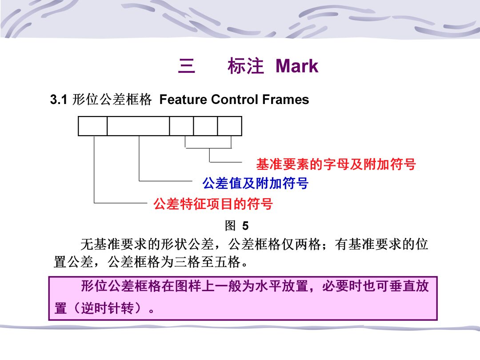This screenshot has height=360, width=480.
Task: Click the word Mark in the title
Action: pyautogui.click(x=296, y=66)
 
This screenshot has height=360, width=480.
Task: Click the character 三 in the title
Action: pyautogui.click(x=186, y=66)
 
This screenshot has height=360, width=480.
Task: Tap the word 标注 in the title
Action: pyautogui.click(x=245, y=66)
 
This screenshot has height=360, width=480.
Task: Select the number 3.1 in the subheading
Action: pyautogui.click(x=59, y=100)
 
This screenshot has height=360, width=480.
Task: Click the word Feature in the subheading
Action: pyautogui.click(x=183, y=100)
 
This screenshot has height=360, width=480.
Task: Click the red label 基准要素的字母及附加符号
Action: pyautogui.click(x=336, y=164)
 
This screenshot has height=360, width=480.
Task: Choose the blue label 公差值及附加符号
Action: pyautogui.click(x=255, y=183)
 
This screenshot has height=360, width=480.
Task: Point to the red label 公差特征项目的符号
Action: pyautogui.click(x=213, y=204)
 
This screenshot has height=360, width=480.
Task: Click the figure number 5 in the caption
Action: pyautogui.click(x=245, y=226)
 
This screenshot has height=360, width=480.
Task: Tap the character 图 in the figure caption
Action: pyautogui.click(x=230, y=226)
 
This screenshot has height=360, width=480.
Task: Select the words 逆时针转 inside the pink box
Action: pyautogui.click(x=108, y=308)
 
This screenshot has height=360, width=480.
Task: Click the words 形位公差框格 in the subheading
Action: pyautogui.click(x=112, y=100)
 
